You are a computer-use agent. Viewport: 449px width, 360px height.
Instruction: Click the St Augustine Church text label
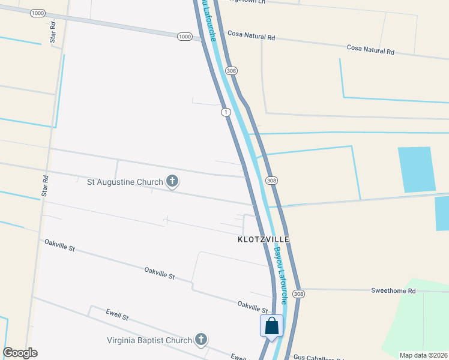click(125, 182)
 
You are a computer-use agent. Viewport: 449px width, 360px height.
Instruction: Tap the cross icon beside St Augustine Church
click(172, 181)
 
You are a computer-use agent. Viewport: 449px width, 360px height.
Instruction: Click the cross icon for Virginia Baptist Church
click(201, 340)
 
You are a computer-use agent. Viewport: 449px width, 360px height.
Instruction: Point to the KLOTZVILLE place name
click(263, 239)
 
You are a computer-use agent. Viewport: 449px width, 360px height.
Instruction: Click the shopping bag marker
click(271, 326)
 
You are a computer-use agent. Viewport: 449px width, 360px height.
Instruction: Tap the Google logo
click(20, 353)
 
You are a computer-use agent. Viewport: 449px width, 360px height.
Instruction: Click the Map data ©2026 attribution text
click(423, 355)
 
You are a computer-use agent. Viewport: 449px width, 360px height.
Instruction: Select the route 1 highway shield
click(225, 112)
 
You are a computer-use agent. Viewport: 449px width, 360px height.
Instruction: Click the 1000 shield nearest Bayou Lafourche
click(185, 37)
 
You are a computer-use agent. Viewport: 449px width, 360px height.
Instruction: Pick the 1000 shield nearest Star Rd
click(37, 13)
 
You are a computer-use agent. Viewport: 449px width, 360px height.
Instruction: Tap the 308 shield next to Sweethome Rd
click(298, 294)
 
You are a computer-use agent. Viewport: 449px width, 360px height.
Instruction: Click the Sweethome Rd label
click(393, 291)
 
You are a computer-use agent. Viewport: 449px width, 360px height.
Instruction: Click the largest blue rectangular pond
click(416, 169)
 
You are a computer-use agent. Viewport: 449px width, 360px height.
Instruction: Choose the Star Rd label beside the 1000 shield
click(53, 34)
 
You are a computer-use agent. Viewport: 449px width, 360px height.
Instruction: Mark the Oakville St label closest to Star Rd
click(59, 245)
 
